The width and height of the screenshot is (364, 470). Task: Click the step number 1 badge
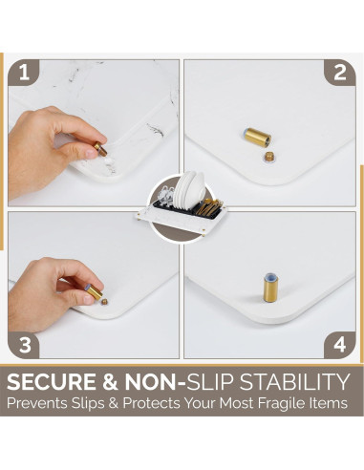[x=24, y=73]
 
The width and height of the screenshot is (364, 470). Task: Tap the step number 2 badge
[x=339, y=73]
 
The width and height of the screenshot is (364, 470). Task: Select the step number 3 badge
[x=24, y=345]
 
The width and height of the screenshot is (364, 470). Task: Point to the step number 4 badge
[x=339, y=345]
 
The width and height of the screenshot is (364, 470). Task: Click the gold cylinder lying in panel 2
[x=256, y=138]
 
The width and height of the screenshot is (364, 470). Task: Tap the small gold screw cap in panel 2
[x=269, y=157]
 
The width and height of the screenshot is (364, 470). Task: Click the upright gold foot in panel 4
[x=270, y=288]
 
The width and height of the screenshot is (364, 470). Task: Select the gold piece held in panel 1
[x=100, y=148]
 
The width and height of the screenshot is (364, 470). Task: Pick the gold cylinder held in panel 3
[x=94, y=291]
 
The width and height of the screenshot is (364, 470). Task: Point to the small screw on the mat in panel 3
[x=104, y=302]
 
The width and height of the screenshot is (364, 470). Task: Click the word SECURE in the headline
[x=51, y=381]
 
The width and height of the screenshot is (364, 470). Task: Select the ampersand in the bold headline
[x=110, y=381]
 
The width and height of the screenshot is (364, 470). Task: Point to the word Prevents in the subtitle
[x=37, y=403]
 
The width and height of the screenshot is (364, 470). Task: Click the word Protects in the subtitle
[x=151, y=403]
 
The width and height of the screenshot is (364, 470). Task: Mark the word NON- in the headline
[x=155, y=381]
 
